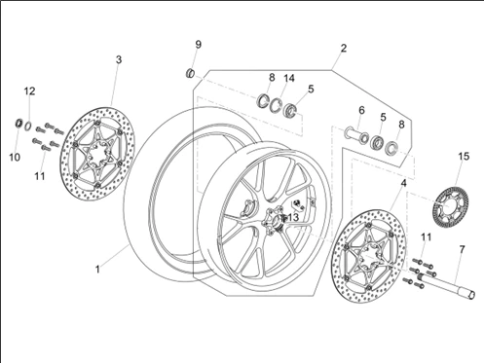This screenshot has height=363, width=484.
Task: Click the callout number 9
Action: pos(198,45)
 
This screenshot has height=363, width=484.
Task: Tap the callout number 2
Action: pos(344,48)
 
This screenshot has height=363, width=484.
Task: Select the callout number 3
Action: pos(119,59)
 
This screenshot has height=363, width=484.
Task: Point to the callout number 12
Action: pos(29,91)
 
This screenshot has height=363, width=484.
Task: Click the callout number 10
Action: pos(15,158)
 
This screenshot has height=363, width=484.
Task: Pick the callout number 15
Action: pos(464,157)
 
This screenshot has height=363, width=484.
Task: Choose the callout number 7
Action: pos(462,249)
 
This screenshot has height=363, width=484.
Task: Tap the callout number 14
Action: pos(289,78)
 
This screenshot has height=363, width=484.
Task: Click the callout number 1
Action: pos(97,270)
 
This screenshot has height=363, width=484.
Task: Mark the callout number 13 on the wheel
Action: pos(293,217)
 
